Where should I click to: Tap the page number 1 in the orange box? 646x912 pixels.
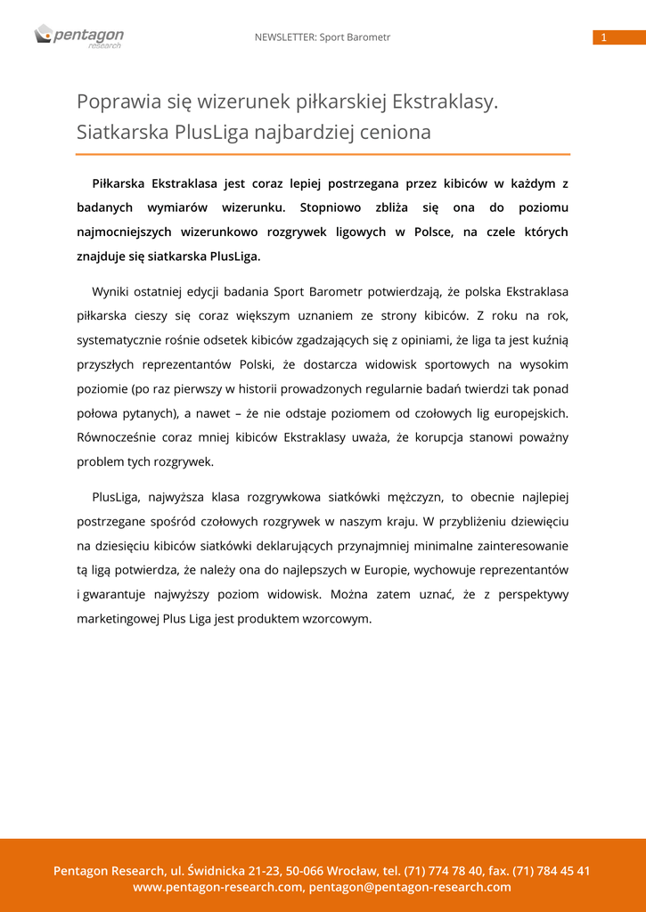coord(603,37)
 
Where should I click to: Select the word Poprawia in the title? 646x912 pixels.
coord(113,102)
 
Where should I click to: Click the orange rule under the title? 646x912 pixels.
coord(323,154)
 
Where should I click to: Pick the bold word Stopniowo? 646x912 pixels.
coord(331,208)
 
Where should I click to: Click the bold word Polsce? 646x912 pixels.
coord(432,232)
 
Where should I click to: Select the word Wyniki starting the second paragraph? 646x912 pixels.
coord(111,291)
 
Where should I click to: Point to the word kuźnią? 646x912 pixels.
coord(549,340)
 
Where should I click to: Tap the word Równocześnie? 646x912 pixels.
coord(120,437)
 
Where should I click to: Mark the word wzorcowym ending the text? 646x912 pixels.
coord(337,618)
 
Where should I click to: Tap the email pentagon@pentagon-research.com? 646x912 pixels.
coord(410,887)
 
